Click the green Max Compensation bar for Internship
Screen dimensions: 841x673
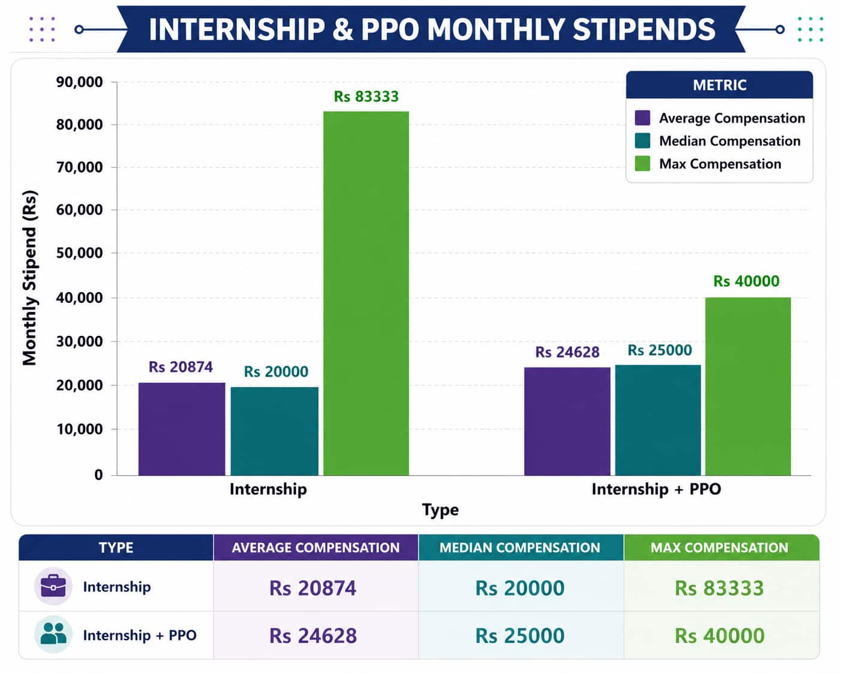click(366, 293)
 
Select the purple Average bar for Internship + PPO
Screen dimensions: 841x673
click(567, 421)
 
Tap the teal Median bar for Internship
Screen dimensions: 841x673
click(274, 431)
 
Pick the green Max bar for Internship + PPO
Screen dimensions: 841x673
click(748, 386)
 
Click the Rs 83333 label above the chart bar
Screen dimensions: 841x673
click(366, 97)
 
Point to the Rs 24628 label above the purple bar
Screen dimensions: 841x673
click(567, 352)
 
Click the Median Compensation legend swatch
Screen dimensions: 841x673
click(642, 141)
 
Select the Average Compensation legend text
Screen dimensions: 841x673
click(732, 118)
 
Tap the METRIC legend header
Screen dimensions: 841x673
click(719, 85)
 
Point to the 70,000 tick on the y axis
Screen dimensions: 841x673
click(79, 167)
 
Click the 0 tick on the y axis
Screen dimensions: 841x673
click(98, 475)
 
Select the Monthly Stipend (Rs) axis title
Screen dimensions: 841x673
click(30, 278)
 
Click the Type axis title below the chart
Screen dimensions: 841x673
click(440, 510)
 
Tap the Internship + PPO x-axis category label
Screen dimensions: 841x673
click(656, 489)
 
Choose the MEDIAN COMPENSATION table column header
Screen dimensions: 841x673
click(519, 548)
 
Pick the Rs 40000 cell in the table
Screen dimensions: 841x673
click(719, 635)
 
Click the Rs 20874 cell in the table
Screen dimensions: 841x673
click(313, 588)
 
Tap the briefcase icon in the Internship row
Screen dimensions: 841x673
click(53, 586)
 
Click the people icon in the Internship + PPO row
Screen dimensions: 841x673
click(53, 633)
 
